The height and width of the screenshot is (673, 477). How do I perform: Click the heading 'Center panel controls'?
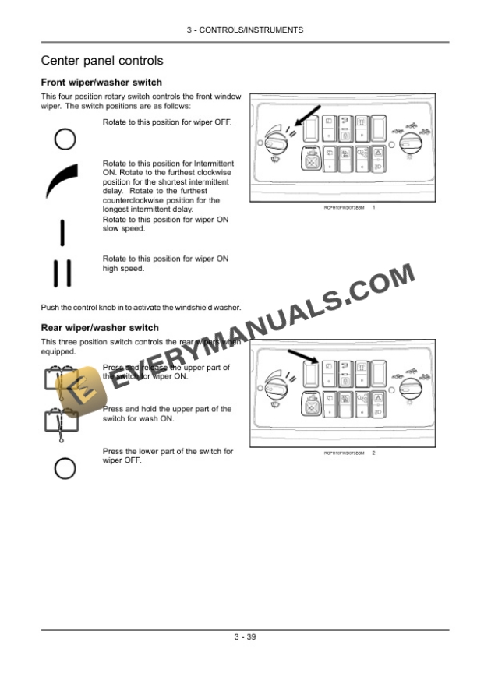[x=101, y=61]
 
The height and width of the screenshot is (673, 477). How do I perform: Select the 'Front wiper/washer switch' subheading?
[x=101, y=83]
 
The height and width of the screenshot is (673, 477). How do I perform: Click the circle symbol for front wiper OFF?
[x=65, y=139]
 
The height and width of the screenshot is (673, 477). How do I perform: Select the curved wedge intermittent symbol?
[x=62, y=180]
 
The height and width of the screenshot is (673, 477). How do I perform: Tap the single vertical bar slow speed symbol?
[x=62, y=231]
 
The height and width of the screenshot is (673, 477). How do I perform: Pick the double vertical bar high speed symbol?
[x=62, y=272]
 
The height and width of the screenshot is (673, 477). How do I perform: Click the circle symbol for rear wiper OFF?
[x=65, y=467]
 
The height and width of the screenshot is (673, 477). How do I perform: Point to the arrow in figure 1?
[x=295, y=121]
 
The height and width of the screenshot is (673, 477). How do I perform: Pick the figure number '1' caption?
[x=375, y=208]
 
